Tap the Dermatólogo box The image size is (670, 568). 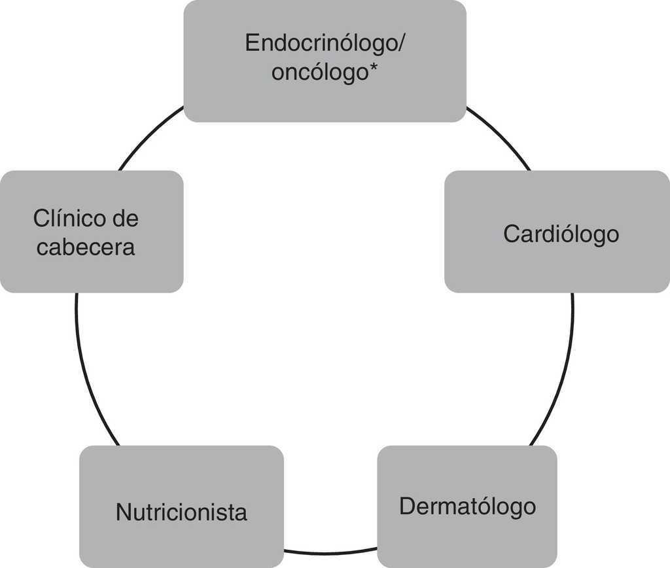[x=467, y=537]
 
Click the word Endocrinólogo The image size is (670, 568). [x=321, y=43]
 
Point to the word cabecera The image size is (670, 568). [x=86, y=247]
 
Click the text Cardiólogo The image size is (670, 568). [x=561, y=234]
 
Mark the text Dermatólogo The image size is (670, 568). [x=467, y=506]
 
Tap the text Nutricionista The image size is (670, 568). [x=181, y=512]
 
